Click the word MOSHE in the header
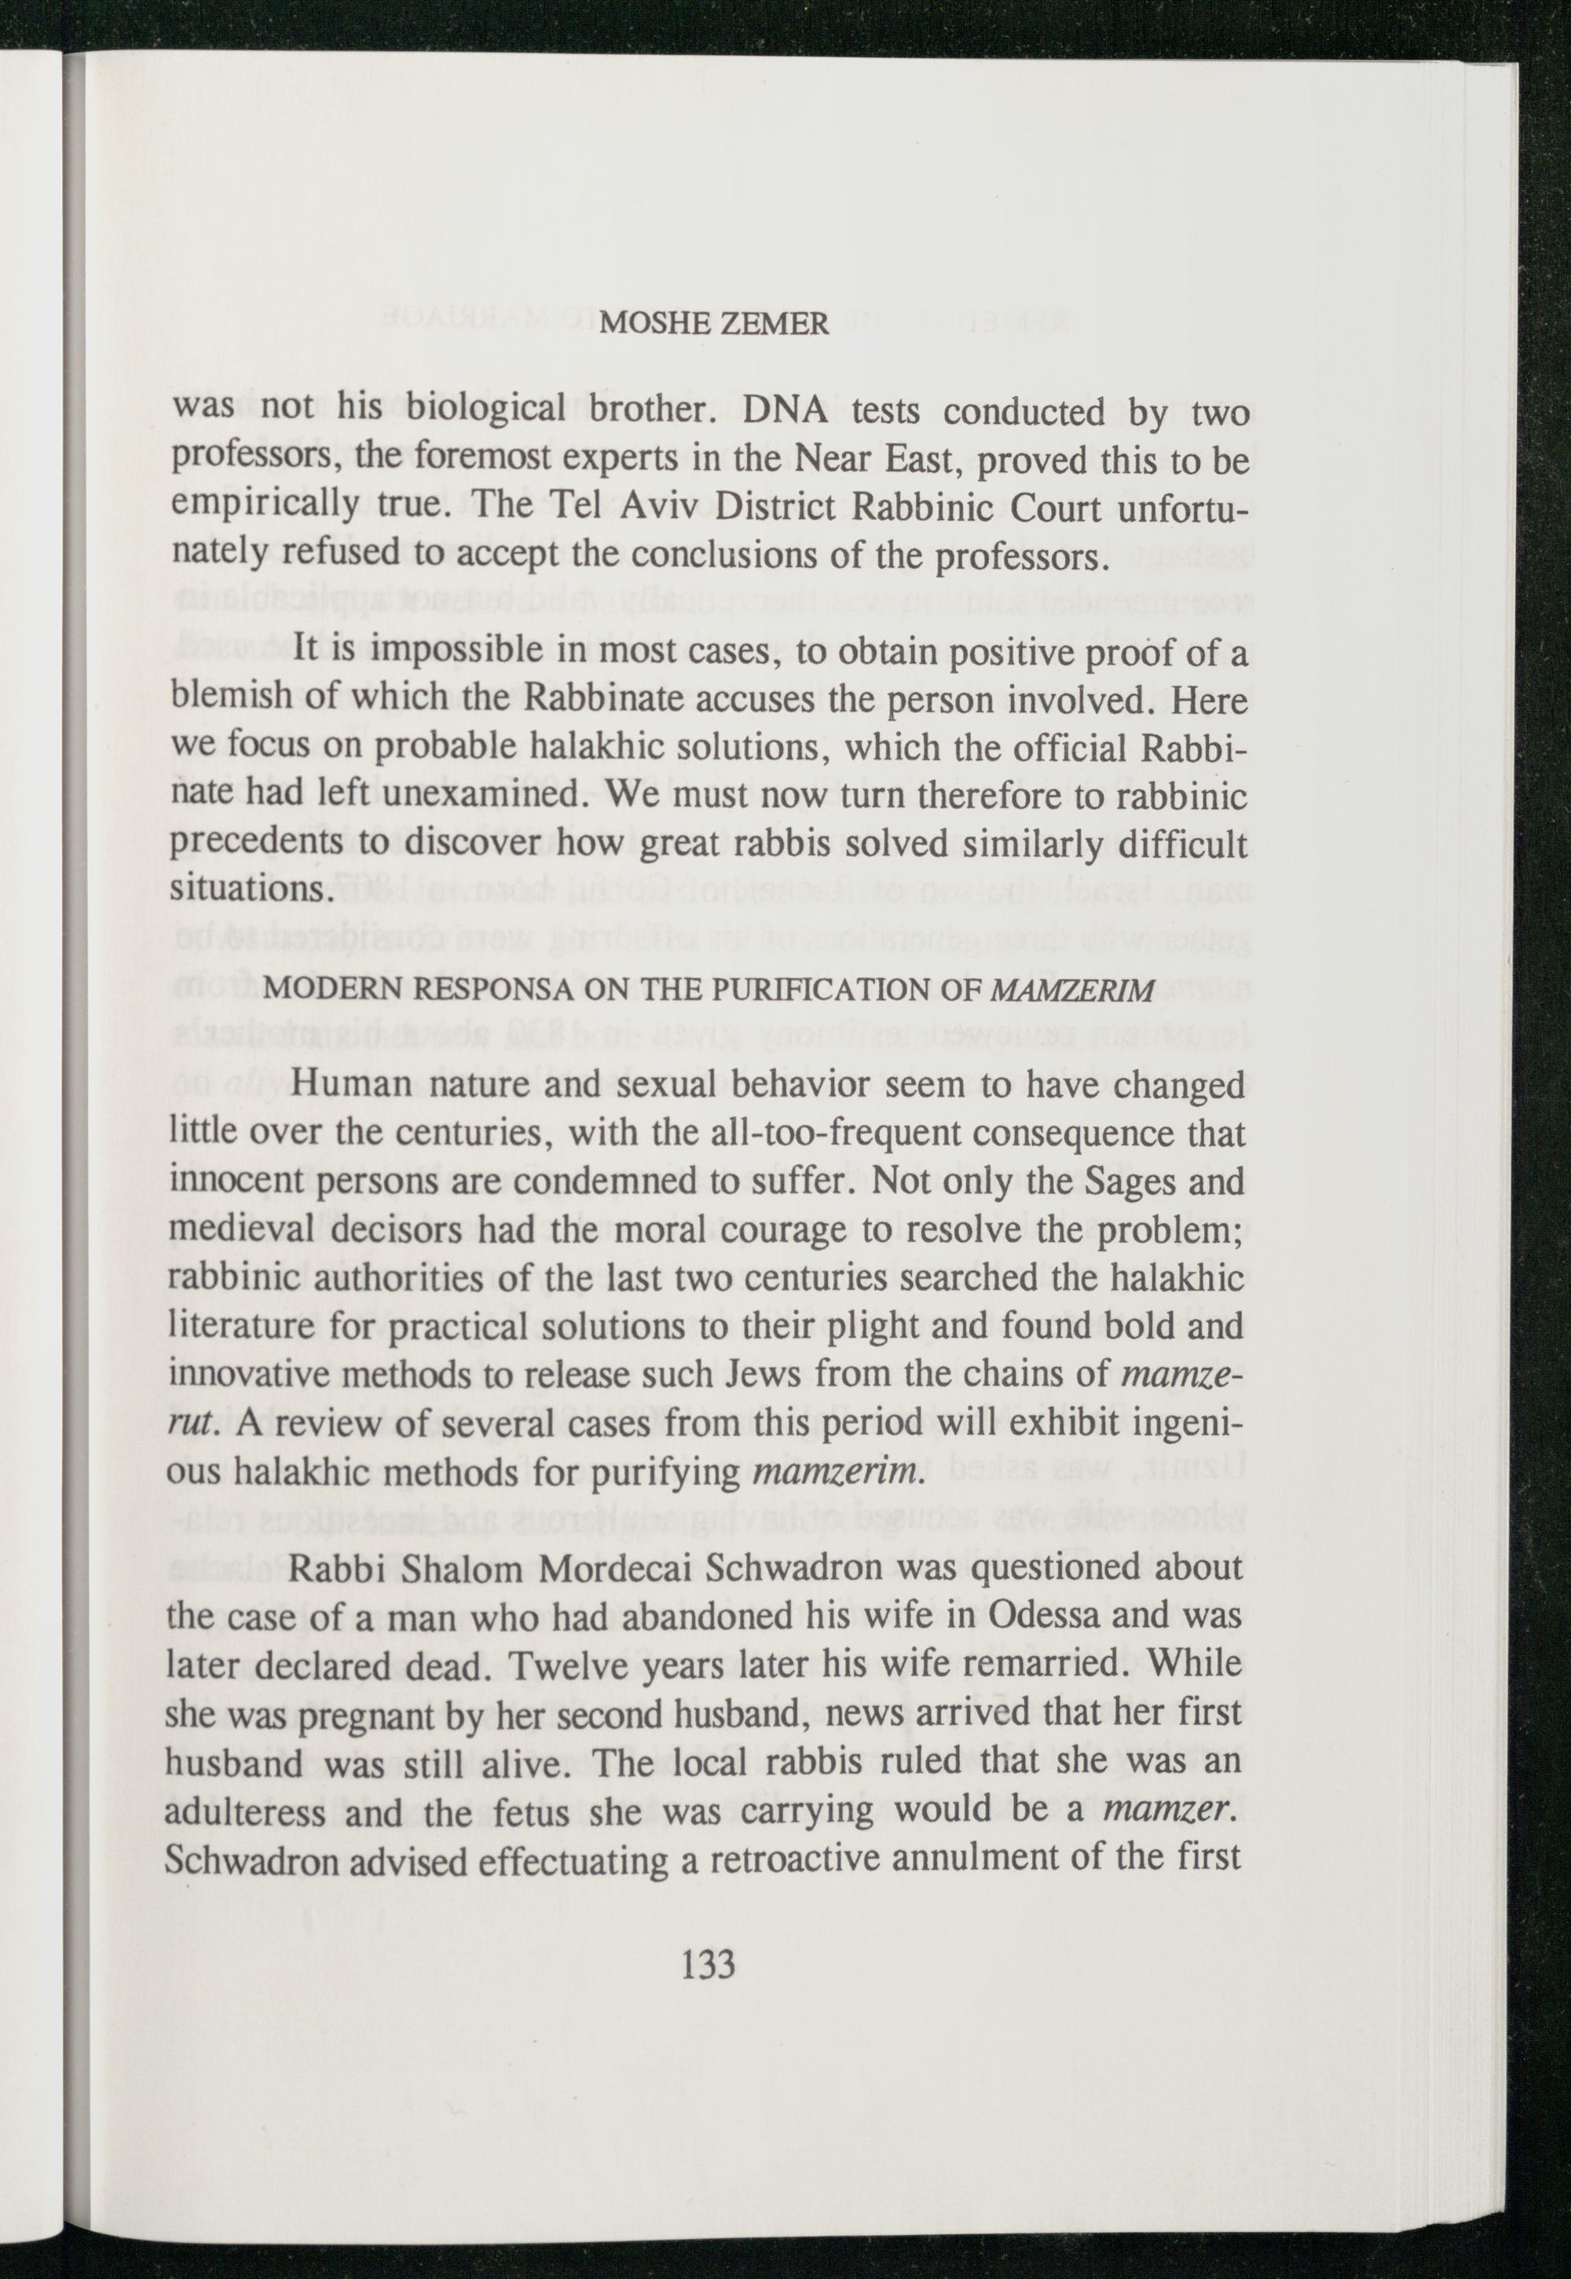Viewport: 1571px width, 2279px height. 650,325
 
